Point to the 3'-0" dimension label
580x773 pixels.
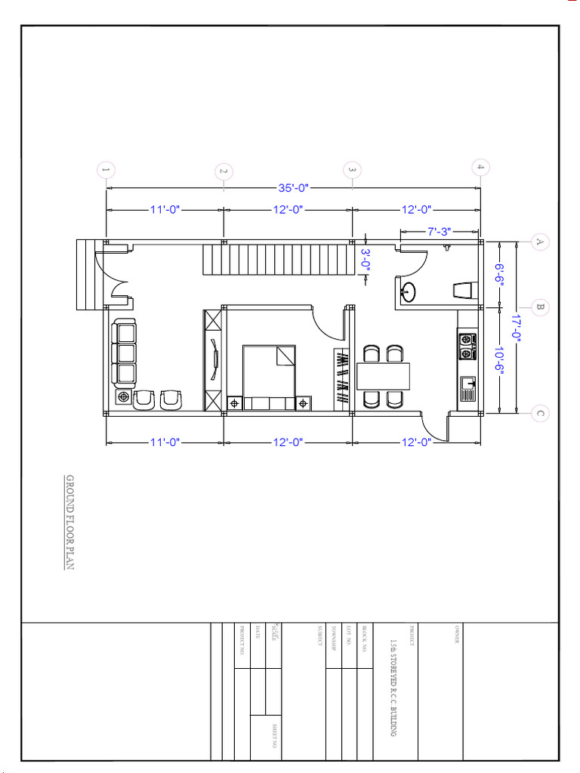coord(366,260)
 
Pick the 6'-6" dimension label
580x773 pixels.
coord(499,274)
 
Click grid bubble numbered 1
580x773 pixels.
coord(106,171)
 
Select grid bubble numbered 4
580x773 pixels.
coord(480,167)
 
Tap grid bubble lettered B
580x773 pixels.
coord(540,307)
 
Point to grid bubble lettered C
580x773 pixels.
coord(539,413)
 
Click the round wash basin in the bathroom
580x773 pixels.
coord(408,291)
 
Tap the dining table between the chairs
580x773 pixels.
coord(382,375)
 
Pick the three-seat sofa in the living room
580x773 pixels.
coord(125,352)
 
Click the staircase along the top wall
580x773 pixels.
coord(277,260)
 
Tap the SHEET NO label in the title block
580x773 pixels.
coord(274,736)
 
